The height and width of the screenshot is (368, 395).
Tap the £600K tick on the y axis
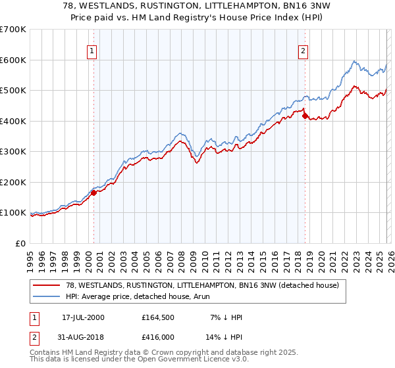(13, 60)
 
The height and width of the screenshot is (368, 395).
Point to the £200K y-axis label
(13, 182)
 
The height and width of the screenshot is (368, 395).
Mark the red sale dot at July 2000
(94, 193)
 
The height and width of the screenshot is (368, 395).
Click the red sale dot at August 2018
(305, 116)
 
